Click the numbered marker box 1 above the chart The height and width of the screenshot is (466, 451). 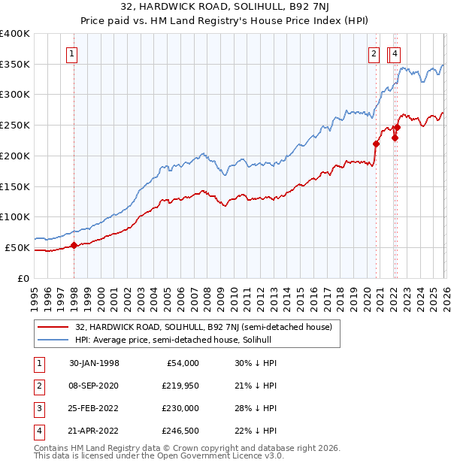tap(71, 53)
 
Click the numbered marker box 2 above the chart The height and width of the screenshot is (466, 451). tap(374, 53)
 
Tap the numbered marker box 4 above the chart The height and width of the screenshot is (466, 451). tap(395, 53)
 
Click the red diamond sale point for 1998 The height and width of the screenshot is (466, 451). tap(74, 245)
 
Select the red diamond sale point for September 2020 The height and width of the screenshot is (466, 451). tap(377, 144)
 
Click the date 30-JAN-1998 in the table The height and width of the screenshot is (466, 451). tap(95, 363)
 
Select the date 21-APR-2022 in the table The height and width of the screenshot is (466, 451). tap(95, 431)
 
